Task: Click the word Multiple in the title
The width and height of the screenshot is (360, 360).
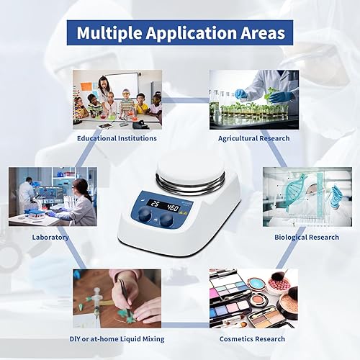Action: point(111,33)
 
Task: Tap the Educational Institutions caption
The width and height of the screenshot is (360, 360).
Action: point(117,138)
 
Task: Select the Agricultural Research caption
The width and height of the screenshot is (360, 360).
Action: point(253,138)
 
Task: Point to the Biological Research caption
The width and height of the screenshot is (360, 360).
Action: point(306,237)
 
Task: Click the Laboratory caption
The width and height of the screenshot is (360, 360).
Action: point(50,237)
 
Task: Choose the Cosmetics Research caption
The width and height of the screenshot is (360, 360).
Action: point(252,338)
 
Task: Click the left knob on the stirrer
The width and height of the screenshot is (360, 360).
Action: point(145,215)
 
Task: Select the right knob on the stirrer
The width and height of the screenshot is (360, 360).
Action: point(168,220)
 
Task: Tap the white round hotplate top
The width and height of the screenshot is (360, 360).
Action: point(191,166)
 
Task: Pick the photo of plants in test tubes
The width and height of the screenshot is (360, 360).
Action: point(253,99)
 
